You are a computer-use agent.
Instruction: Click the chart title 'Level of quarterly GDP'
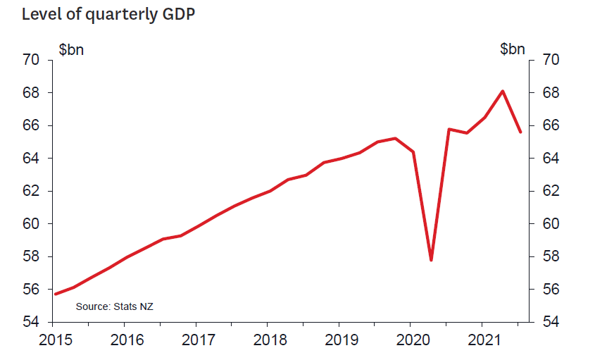(108, 14)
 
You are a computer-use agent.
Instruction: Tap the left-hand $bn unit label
(71, 49)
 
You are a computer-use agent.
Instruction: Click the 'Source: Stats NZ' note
(114, 306)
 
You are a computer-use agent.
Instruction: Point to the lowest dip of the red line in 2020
(431, 260)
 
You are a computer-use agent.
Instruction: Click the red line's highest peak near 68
(502, 91)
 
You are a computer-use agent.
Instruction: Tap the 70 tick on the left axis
(33, 60)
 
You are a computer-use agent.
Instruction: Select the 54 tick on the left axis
(33, 322)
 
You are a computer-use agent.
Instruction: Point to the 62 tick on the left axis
(33, 191)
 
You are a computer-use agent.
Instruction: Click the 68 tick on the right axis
(550, 93)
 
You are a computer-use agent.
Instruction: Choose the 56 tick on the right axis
(550, 290)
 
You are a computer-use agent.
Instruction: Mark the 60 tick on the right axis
(550, 224)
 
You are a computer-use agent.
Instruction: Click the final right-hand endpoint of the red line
(520, 132)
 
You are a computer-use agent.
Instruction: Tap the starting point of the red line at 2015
(55, 294)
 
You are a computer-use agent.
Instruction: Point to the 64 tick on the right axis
(550, 159)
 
